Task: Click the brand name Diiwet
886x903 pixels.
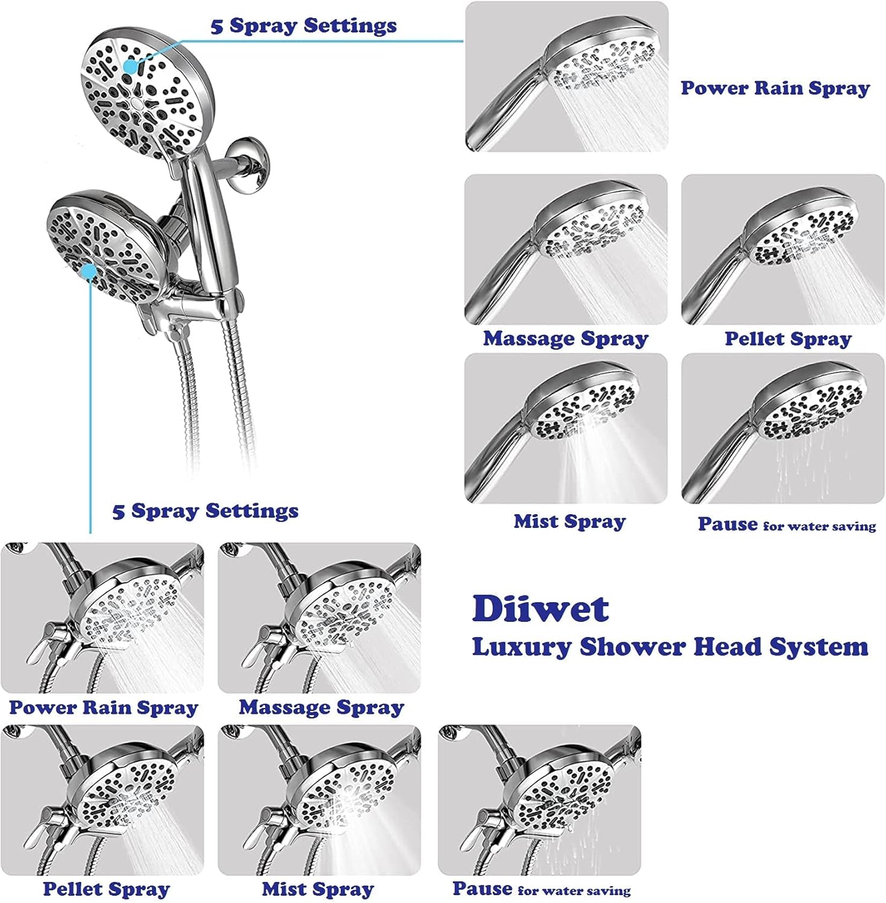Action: pos(540,609)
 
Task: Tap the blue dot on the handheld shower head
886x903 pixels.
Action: pos(130,66)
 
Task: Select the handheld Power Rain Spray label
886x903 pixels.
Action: pos(775,88)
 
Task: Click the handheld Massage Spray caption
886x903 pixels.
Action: pos(565,338)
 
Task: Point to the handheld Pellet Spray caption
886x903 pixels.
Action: pos(788,338)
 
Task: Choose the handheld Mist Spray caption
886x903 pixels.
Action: pos(569,521)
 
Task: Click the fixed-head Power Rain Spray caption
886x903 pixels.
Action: pos(104,707)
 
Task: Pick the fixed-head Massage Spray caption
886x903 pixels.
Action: pos(321,707)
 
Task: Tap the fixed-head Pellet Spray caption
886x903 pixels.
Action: pos(107,889)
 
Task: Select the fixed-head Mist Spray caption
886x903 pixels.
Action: pos(317,889)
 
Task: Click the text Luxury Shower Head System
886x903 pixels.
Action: pos(670,647)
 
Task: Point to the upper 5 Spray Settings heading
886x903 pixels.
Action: pos(304,26)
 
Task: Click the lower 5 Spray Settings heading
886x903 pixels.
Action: pos(205,511)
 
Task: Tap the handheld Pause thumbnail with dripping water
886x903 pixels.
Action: pos(782,428)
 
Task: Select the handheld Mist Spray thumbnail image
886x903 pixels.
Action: pos(566,428)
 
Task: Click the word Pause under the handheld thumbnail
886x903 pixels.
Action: pos(727,524)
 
